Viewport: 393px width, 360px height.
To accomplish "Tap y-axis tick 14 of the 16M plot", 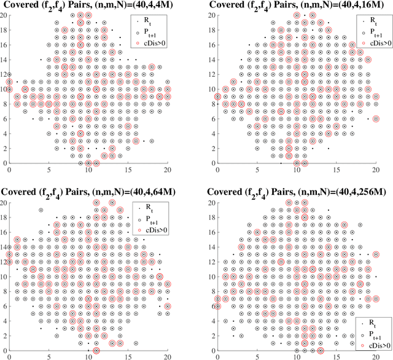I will (212, 59).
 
